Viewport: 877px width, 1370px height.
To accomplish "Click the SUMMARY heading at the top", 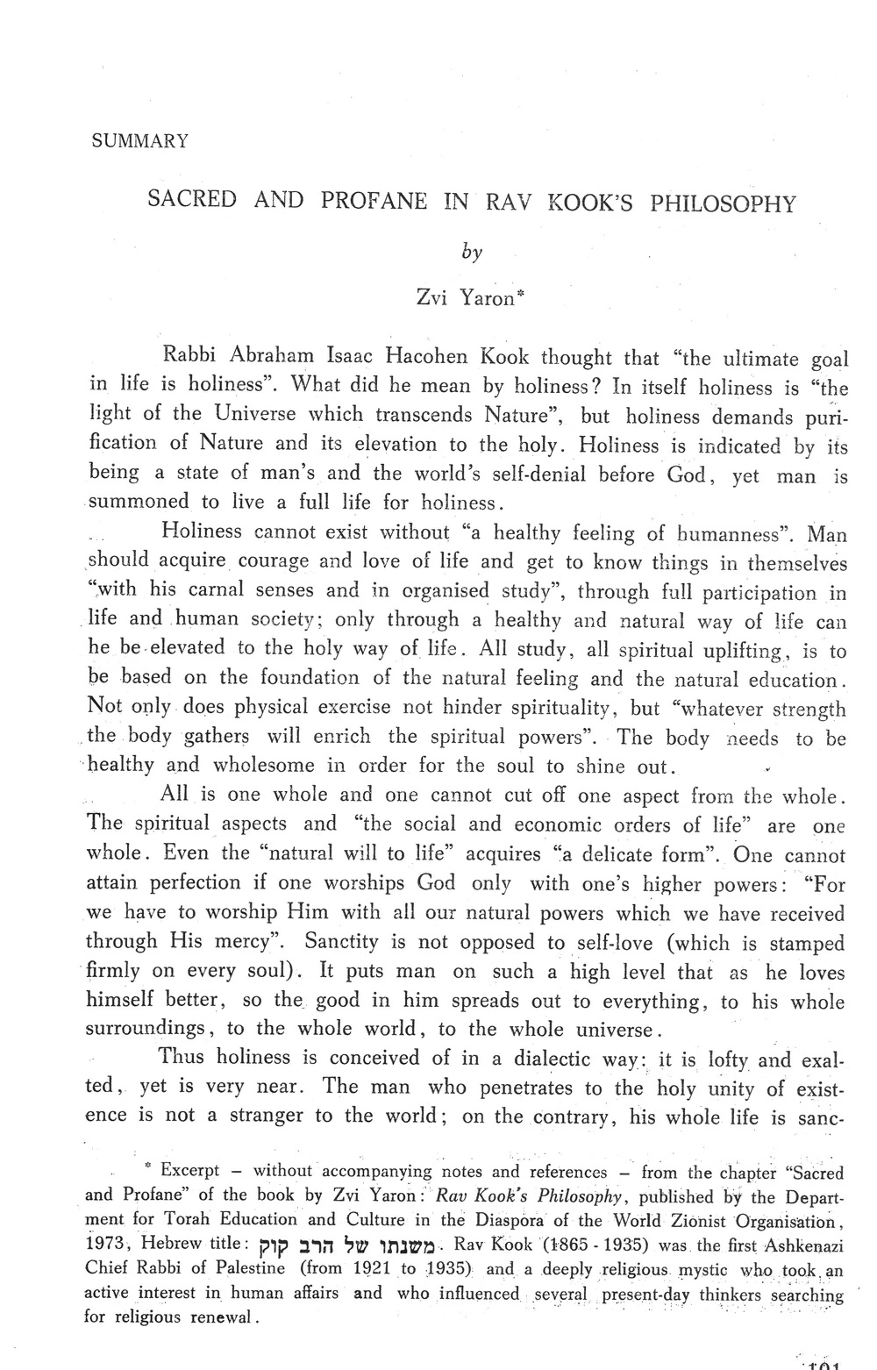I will (x=140, y=141).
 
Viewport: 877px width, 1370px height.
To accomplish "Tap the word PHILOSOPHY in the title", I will (x=723, y=204).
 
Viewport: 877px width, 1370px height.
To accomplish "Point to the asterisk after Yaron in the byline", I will (x=520, y=295).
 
